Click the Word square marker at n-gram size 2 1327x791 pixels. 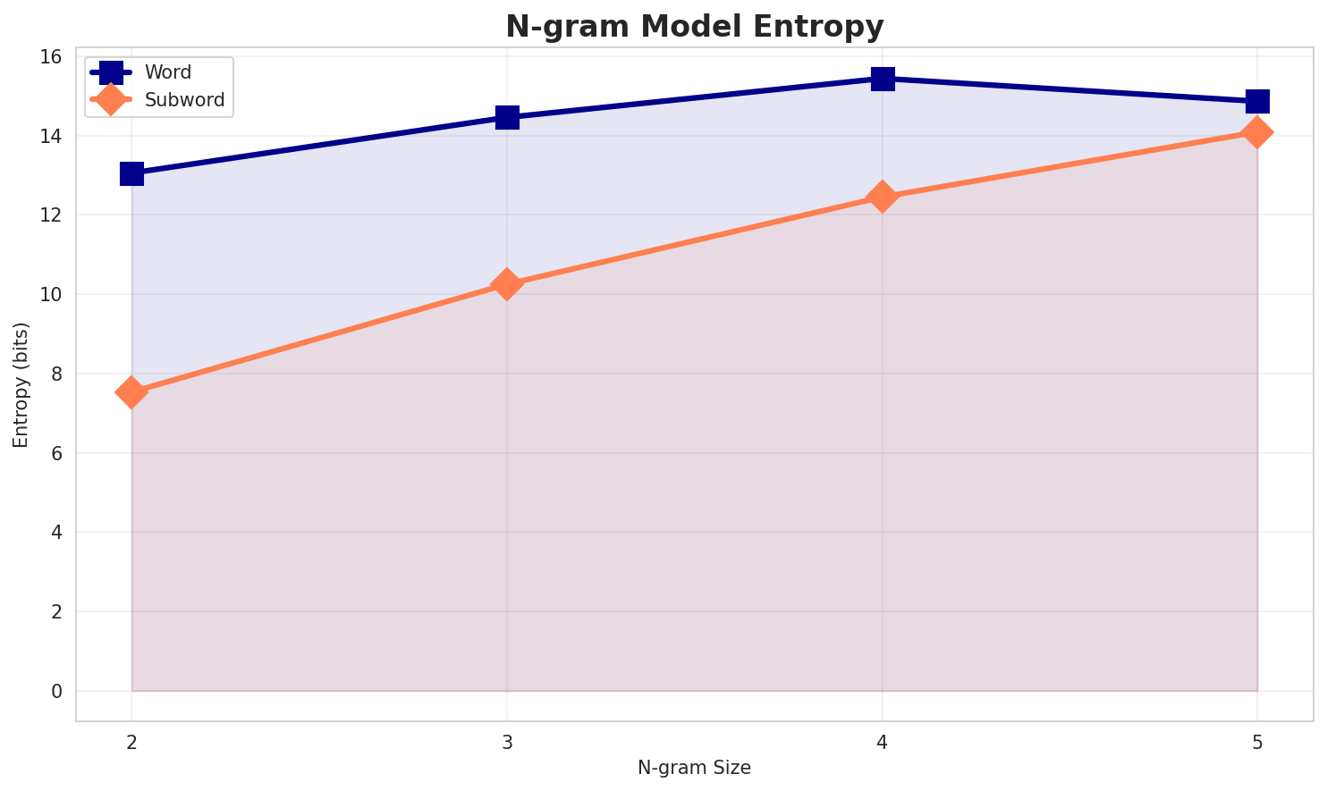[131, 173]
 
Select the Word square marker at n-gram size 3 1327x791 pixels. [507, 117]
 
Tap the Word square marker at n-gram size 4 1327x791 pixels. [883, 79]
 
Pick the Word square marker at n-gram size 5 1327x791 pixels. [1257, 101]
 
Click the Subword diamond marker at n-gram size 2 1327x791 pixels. [131, 392]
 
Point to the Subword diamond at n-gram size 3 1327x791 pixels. [507, 284]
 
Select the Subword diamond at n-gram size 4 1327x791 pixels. [883, 197]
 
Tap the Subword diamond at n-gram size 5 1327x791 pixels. [1257, 132]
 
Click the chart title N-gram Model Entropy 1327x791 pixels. [694, 27]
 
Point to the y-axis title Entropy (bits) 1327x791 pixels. [21, 384]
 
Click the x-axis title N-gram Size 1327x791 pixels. [694, 767]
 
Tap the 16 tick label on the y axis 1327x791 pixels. [52, 57]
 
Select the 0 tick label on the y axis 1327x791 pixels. [57, 691]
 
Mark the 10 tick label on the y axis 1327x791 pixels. [52, 295]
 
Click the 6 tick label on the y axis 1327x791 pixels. [57, 453]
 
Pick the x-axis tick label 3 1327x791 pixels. [507, 741]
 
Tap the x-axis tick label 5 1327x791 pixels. [1257, 741]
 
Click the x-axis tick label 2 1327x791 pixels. [131, 741]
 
